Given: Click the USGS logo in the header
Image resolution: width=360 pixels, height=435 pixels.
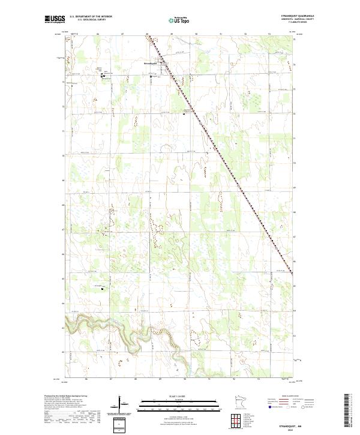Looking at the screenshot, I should (55, 19).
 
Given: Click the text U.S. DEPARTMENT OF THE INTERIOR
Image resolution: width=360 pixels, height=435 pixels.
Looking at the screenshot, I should (91, 16).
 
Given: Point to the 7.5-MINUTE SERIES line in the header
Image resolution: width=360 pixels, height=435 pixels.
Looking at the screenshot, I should (305, 22).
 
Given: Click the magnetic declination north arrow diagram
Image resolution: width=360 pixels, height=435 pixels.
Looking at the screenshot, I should (120, 405).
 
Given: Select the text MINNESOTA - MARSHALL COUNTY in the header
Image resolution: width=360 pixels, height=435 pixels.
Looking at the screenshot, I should (301, 19).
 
